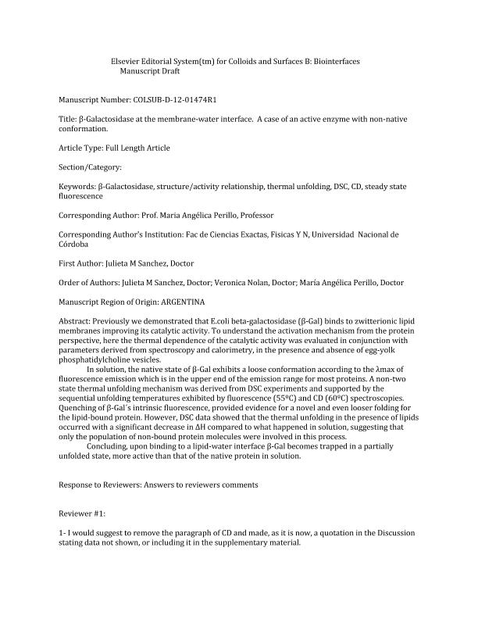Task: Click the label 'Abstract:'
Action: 75,321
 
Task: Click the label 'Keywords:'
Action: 77,188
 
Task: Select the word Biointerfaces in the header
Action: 337,61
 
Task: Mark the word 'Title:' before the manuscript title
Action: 68,119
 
